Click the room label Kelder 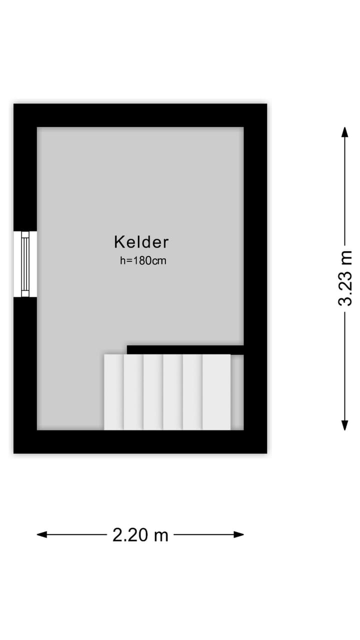pyautogui.click(x=141, y=242)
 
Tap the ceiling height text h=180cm pyautogui.click(x=143, y=260)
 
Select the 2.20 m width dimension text pyautogui.click(x=140, y=535)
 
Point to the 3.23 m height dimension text pyautogui.click(x=345, y=278)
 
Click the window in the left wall pyautogui.click(x=25, y=264)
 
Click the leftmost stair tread pyautogui.click(x=113, y=392)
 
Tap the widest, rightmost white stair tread pyautogui.click(x=216, y=392)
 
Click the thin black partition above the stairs pyautogui.click(x=185, y=349)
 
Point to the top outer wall pyautogui.click(x=140, y=115)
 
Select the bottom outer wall pyautogui.click(x=140, y=441)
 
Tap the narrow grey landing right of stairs pyautogui.click(x=237, y=392)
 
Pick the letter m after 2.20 pyautogui.click(x=161, y=535)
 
